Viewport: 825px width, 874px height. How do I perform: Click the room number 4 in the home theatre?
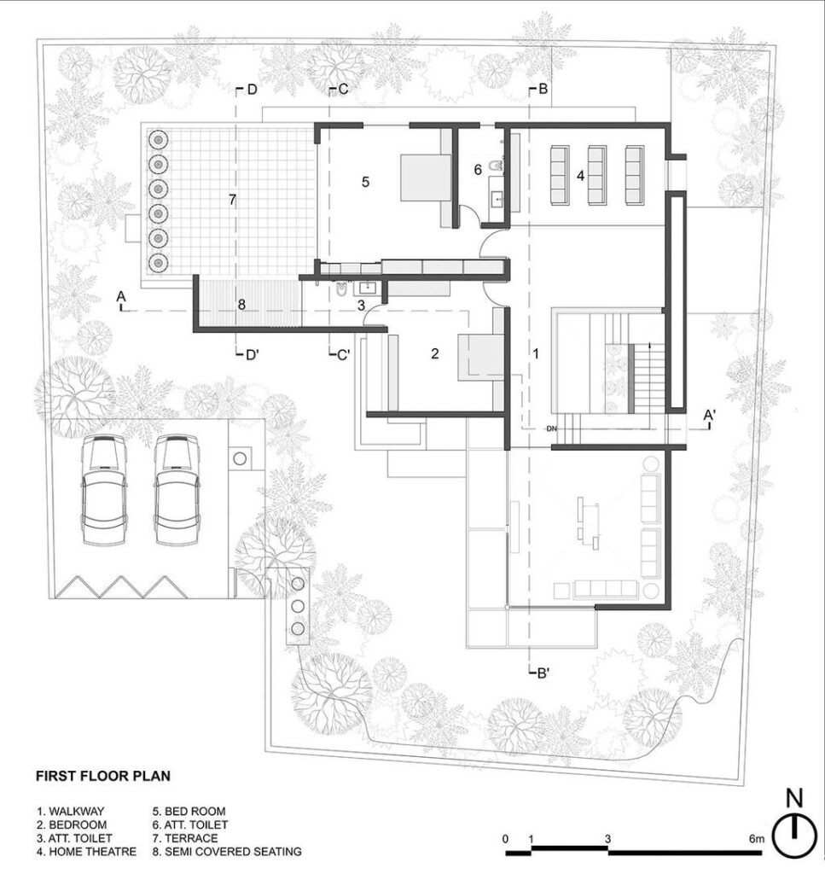tap(580, 176)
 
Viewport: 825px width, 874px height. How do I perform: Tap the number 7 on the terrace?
tap(232, 199)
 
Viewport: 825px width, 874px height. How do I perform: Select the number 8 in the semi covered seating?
tap(241, 305)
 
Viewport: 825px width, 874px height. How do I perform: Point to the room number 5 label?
tap(365, 182)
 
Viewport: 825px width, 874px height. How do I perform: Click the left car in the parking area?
tap(103, 489)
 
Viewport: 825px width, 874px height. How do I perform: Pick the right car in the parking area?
tap(177, 489)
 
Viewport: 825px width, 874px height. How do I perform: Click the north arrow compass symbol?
tap(794, 830)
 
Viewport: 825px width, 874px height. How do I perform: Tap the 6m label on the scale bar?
tap(756, 839)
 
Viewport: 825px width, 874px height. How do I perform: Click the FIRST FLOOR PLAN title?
tap(103, 776)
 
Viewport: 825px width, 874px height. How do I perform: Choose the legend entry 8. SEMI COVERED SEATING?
tap(227, 851)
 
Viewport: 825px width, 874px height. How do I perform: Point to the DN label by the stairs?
tap(551, 428)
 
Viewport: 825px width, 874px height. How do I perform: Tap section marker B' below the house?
tap(539, 673)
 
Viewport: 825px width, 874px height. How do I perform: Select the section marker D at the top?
tap(248, 89)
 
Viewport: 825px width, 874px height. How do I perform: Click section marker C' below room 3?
tap(340, 354)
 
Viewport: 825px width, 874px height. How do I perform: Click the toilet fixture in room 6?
tap(494, 166)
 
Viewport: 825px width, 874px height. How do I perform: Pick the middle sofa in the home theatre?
tap(596, 175)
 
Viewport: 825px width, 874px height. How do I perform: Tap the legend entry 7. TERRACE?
tap(185, 838)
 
